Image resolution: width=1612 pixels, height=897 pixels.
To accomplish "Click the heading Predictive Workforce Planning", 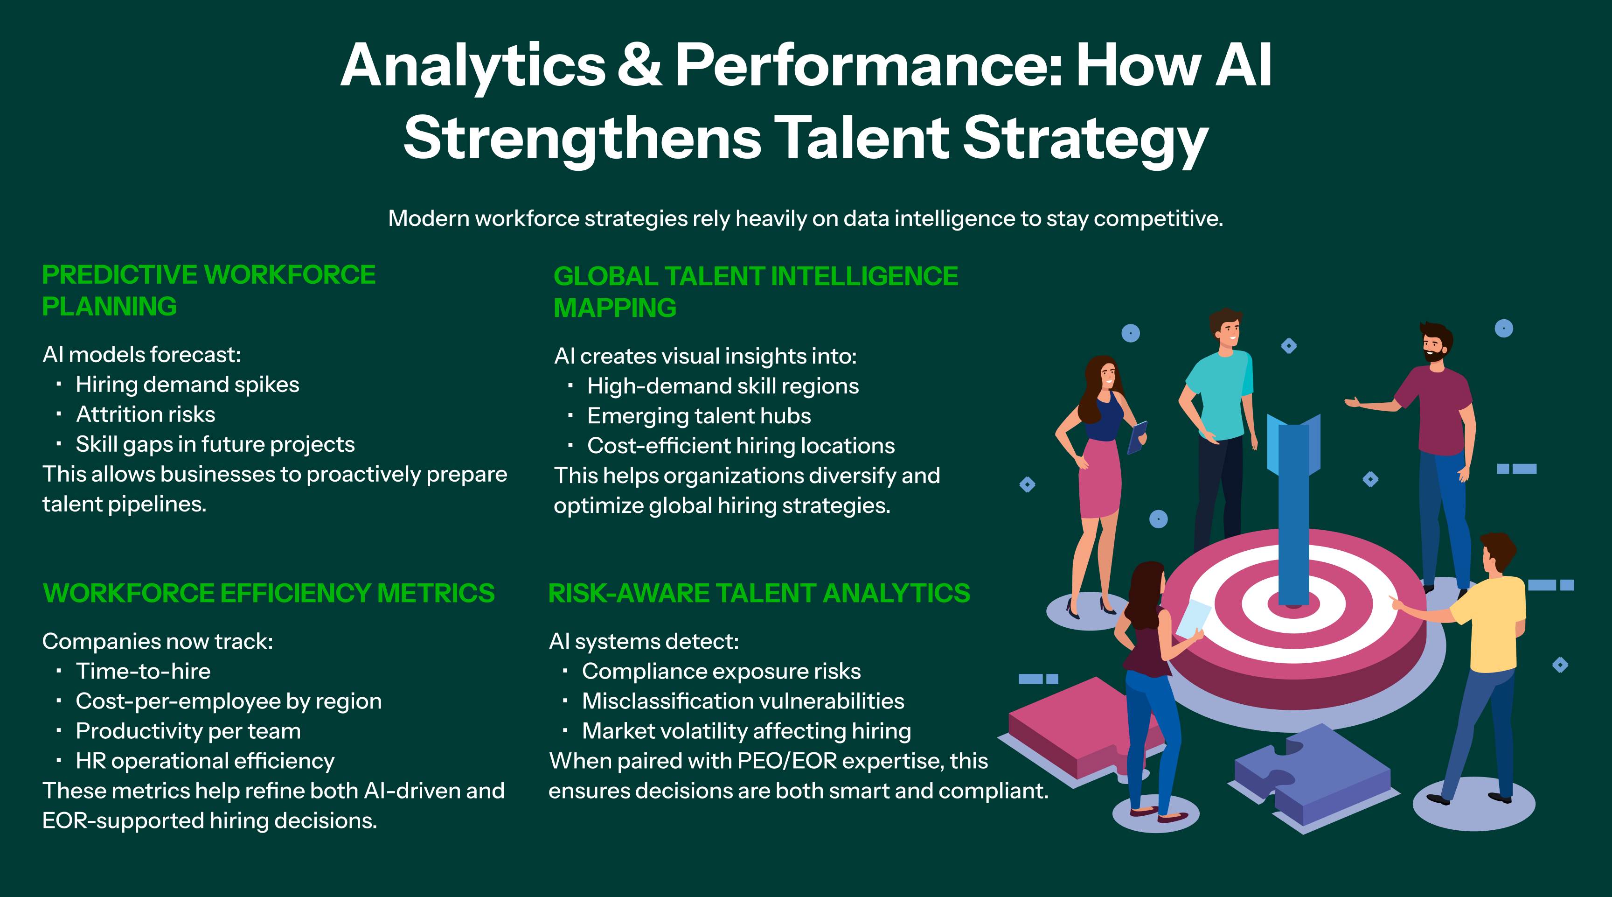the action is click(x=209, y=290).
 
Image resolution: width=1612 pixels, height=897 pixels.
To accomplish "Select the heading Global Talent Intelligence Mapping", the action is click(x=756, y=292).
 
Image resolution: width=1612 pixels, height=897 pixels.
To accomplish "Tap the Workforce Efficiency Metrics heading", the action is click(x=269, y=593).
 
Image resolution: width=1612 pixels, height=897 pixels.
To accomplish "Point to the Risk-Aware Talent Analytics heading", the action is click(x=759, y=593).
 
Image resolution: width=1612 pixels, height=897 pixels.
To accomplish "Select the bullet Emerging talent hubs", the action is click(x=699, y=416).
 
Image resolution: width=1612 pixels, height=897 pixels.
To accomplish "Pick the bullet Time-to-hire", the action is click(x=143, y=671).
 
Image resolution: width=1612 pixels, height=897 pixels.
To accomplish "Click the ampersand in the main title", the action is click(x=639, y=66).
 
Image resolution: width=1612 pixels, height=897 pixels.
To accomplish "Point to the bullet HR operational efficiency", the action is click(x=205, y=761).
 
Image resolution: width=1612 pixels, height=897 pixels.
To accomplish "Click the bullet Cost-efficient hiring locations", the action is click(x=741, y=446).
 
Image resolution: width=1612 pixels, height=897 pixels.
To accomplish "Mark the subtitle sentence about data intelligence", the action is click(x=806, y=218).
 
